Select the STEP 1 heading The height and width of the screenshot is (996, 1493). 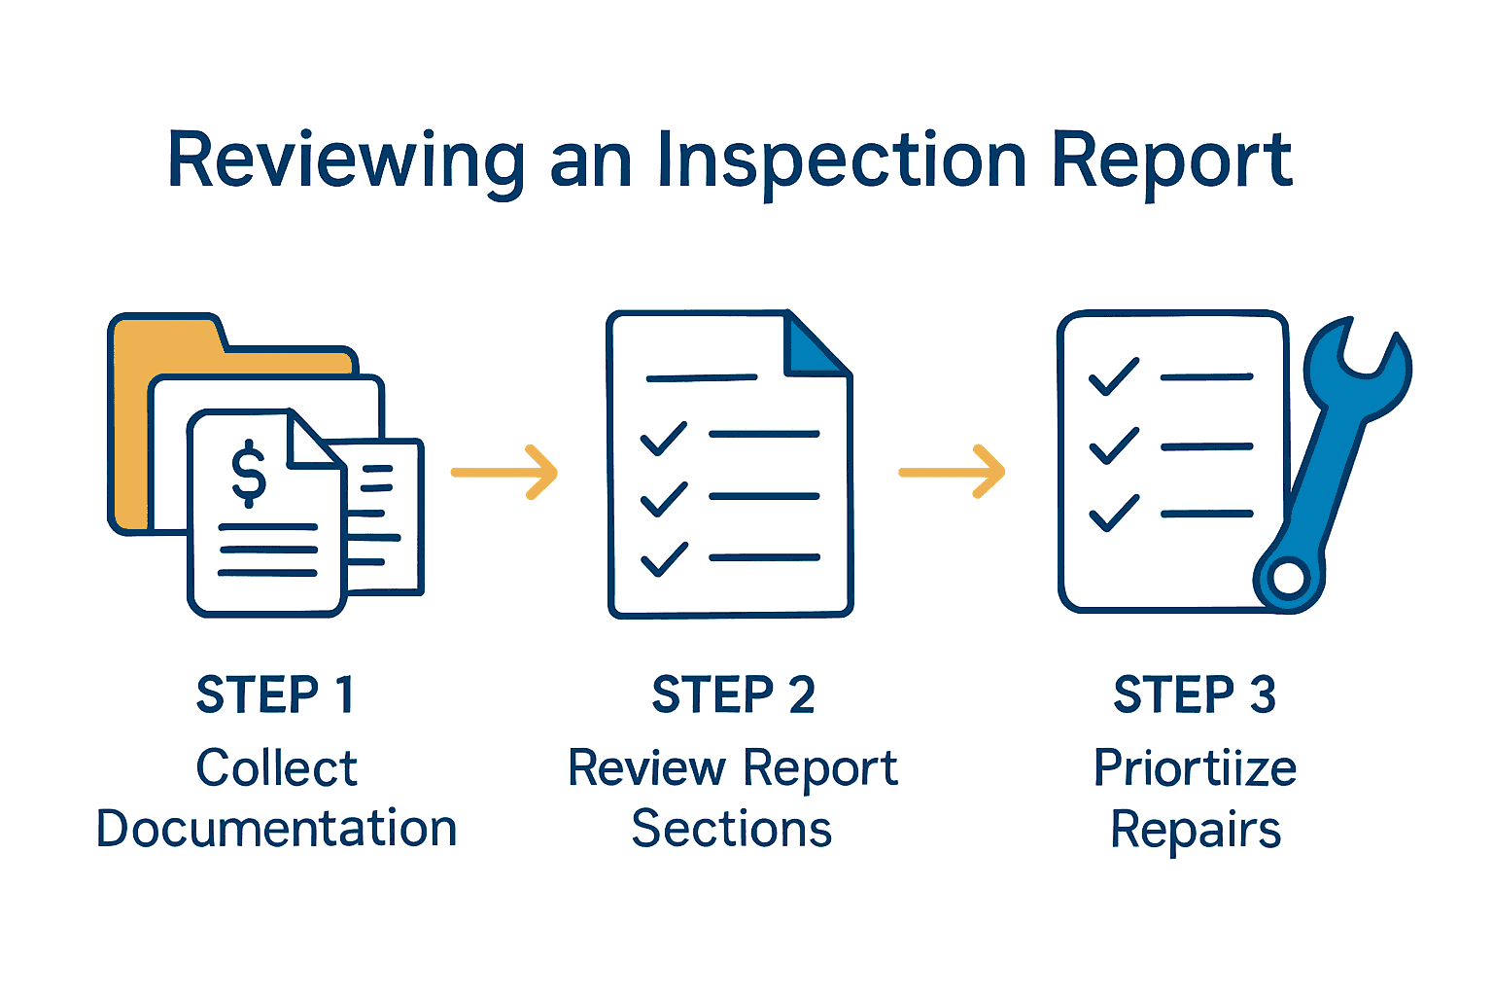(x=276, y=695)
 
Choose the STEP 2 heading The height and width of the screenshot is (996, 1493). (x=733, y=695)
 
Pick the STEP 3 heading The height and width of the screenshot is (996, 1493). (x=1195, y=695)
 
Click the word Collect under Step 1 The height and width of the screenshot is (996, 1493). (x=276, y=768)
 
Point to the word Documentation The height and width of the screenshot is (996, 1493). (x=276, y=829)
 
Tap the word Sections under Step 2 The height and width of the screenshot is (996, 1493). (x=732, y=829)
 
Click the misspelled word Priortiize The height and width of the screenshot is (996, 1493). (x=1195, y=768)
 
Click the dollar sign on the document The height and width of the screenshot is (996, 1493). (x=249, y=473)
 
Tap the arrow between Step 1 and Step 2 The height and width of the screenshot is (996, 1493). (x=504, y=473)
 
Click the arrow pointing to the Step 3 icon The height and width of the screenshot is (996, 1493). (x=952, y=473)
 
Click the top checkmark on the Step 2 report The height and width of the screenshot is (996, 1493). (x=664, y=439)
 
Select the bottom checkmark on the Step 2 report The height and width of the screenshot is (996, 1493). (x=664, y=559)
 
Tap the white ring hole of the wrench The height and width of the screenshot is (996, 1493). (x=1289, y=579)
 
